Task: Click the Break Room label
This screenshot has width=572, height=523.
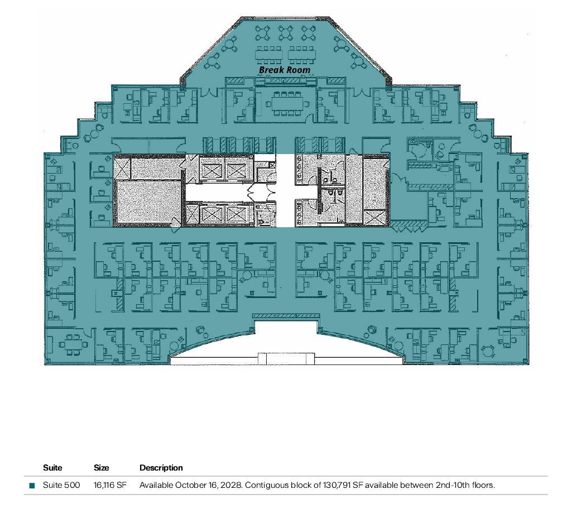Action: pyautogui.click(x=285, y=70)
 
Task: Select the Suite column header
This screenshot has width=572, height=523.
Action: pyautogui.click(x=52, y=468)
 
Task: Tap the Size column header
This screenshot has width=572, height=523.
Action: pyautogui.click(x=101, y=468)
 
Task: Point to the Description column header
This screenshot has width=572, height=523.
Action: pyautogui.click(x=161, y=468)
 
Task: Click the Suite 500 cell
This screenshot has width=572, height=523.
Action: pyautogui.click(x=61, y=485)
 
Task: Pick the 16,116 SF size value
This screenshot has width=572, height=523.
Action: pyautogui.click(x=110, y=485)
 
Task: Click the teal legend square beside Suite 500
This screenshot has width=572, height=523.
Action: pyautogui.click(x=32, y=486)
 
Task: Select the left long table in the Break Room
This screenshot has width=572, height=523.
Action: pyautogui.click(x=269, y=55)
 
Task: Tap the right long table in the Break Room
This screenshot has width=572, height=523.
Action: pyautogui.click(x=301, y=55)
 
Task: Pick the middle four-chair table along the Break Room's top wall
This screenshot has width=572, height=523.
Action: pyautogui.click(x=285, y=33)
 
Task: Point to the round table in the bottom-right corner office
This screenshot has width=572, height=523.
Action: pyautogui.click(x=487, y=352)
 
